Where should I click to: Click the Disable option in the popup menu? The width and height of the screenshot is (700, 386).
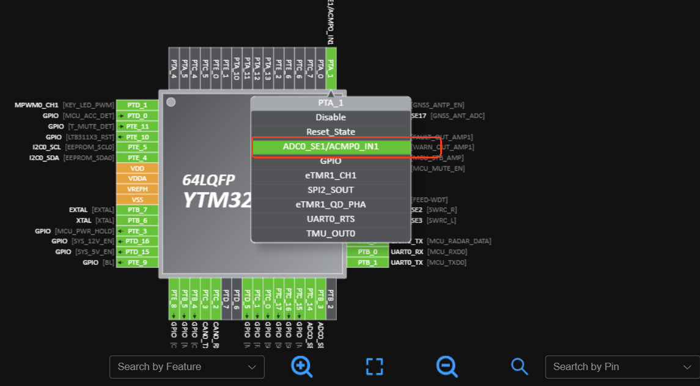(331, 117)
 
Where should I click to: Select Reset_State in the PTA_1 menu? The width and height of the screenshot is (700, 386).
(331, 132)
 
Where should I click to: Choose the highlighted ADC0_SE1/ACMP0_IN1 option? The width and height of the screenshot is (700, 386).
(331, 147)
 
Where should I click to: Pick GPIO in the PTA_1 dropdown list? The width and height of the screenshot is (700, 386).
(331, 161)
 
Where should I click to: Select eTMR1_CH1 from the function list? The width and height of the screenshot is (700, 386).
(331, 176)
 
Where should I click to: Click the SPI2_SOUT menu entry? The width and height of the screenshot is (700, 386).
(331, 190)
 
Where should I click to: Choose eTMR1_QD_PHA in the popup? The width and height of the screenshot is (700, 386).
(331, 204)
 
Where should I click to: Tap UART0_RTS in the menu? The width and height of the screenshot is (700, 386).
(331, 219)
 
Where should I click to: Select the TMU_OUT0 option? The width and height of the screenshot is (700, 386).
(331, 234)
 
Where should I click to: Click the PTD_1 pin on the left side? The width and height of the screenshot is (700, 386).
(137, 105)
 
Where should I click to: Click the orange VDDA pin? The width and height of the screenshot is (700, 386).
(137, 179)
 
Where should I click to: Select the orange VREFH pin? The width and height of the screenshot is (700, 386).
(137, 189)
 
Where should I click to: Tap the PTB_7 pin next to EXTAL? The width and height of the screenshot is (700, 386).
(137, 210)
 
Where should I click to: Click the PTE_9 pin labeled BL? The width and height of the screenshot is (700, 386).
(137, 262)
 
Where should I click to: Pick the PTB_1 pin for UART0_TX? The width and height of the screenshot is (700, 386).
(367, 262)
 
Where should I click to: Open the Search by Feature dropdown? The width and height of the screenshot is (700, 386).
(186, 367)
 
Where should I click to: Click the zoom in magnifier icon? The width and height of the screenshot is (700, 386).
(302, 366)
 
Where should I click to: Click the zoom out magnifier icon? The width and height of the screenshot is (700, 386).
(447, 366)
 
